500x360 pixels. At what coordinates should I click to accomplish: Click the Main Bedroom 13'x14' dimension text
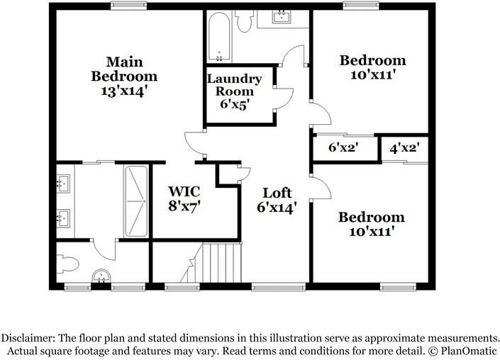pyautogui.click(x=125, y=91)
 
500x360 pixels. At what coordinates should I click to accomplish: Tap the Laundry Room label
pyautogui.click(x=234, y=85)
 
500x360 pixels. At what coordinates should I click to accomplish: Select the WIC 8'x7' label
pyautogui.click(x=184, y=199)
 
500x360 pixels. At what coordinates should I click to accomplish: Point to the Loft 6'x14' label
pyautogui.click(x=277, y=201)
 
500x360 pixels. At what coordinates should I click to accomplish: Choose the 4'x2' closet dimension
pyautogui.click(x=404, y=148)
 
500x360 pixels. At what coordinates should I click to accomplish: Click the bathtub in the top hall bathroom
pyautogui.click(x=219, y=37)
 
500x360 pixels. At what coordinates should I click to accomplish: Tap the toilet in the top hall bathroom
pyautogui.click(x=244, y=21)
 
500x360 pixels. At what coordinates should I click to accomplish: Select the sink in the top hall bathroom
pyautogui.click(x=282, y=16)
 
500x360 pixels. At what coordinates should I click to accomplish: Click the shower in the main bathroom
pyautogui.click(x=136, y=201)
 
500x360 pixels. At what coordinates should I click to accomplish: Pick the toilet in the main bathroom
pyautogui.click(x=67, y=264)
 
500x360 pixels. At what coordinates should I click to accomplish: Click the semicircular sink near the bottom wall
pyautogui.click(x=101, y=276)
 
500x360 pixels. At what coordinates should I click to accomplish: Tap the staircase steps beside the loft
pyautogui.click(x=221, y=263)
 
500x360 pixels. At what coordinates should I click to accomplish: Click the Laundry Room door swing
pyautogui.click(x=284, y=99)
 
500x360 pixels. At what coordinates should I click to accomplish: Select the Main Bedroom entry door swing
pyautogui.click(x=194, y=145)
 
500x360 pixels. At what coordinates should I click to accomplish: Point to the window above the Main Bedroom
pyautogui.click(x=129, y=6)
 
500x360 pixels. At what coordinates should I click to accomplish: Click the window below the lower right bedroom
pyautogui.click(x=398, y=287)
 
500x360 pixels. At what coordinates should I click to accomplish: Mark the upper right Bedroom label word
pyautogui.click(x=372, y=60)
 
